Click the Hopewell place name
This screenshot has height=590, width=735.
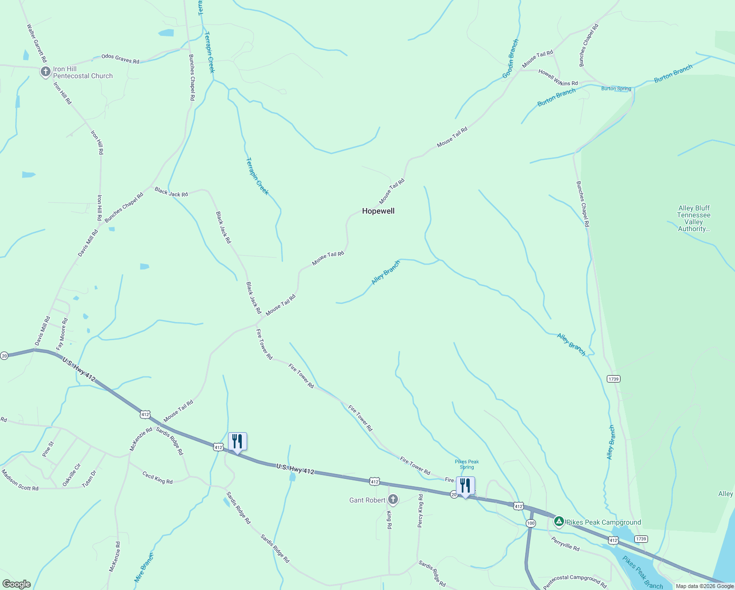click(x=378, y=211)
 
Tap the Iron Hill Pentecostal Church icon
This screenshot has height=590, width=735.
click(x=45, y=73)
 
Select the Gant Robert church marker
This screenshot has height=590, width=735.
click(x=393, y=500)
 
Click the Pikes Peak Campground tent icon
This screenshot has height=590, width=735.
click(x=559, y=522)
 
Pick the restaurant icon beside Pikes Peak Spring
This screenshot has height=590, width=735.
click(x=465, y=486)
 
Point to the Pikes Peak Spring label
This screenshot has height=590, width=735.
click(x=467, y=464)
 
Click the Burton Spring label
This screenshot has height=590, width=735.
click(x=616, y=88)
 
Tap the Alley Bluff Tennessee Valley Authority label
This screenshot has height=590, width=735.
click(x=694, y=218)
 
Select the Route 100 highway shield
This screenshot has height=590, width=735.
click(x=531, y=523)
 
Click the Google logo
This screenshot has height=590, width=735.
click(x=17, y=584)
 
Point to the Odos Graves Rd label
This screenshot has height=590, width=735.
click(x=120, y=59)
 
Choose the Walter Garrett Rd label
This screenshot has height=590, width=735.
click(x=37, y=43)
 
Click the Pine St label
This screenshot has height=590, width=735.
click(x=48, y=449)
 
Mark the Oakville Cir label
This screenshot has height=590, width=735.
click(x=71, y=475)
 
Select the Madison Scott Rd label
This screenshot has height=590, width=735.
click(x=20, y=480)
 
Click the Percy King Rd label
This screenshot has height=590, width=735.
click(x=420, y=511)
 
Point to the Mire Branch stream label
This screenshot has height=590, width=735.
click(x=144, y=568)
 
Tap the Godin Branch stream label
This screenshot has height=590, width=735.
click(x=510, y=59)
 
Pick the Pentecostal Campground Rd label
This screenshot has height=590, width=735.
click(x=575, y=582)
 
